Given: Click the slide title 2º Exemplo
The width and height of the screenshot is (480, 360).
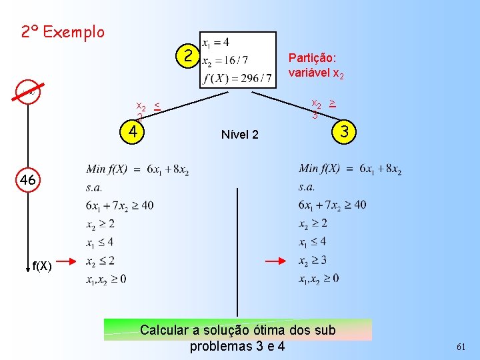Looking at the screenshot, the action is point(63,31).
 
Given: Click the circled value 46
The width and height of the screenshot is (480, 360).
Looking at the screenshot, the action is point(28,180).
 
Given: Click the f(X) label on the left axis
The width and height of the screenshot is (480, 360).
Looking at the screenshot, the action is point(42,266).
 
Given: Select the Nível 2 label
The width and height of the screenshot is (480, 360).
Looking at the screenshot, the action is point(239,135).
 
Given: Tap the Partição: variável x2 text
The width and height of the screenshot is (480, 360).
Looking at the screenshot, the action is point(316,65).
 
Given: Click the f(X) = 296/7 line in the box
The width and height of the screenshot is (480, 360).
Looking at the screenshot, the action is point(237,79).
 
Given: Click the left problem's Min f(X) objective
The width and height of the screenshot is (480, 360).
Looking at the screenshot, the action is point(137,171).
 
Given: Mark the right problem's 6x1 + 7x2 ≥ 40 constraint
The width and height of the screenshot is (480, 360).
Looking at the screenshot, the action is point(332,205).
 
